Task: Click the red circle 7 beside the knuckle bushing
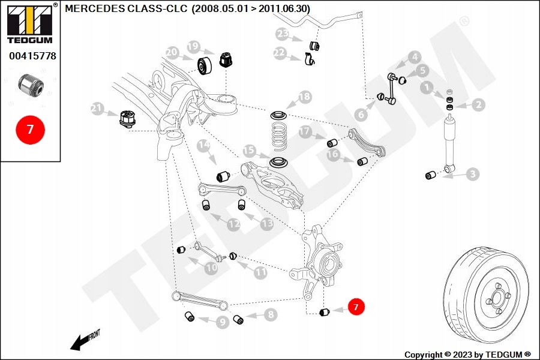point(355,307)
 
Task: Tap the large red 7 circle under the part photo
point(30,128)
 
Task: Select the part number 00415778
point(32,56)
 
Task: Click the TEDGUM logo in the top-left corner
point(28,24)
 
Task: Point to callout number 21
point(97,109)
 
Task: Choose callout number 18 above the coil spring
point(305,97)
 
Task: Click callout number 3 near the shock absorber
point(473,175)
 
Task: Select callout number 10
point(211,268)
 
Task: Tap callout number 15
point(249,151)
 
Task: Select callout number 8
point(271,314)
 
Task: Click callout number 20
point(172,52)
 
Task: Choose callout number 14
point(203,145)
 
